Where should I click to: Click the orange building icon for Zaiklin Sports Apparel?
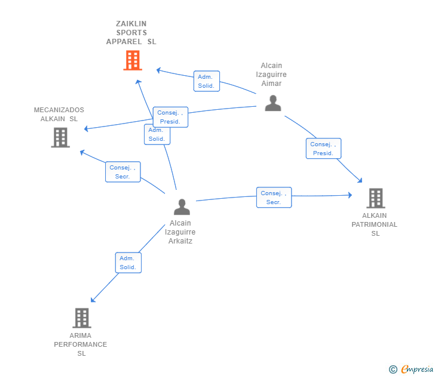pyautogui.click(x=133, y=60)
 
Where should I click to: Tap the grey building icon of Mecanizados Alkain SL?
pyautogui.click(x=60, y=137)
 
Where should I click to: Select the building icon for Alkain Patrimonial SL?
pyautogui.click(x=376, y=198)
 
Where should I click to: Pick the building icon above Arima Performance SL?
pyautogui.click(x=82, y=318)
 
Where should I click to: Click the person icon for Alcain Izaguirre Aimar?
pyautogui.click(x=273, y=103)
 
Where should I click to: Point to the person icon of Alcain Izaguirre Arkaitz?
pyautogui.click(x=182, y=207)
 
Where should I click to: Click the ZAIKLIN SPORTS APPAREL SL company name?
pyautogui.click(x=131, y=33)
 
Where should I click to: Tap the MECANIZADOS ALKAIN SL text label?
pyautogui.click(x=59, y=114)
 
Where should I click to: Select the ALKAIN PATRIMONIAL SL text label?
pyautogui.click(x=374, y=224)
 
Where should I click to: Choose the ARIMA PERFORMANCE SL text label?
pyautogui.click(x=81, y=344)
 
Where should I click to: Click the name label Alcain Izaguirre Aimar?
pyautogui.click(x=271, y=74)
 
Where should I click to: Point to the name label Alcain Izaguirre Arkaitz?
pyautogui.click(x=180, y=232)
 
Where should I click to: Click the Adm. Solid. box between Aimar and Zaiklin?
pyautogui.click(x=207, y=81)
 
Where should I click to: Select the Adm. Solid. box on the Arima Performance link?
pyautogui.click(x=128, y=263)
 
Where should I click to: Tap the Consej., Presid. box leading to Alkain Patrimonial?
pyautogui.click(x=323, y=149)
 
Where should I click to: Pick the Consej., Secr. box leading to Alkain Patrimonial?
pyautogui.click(x=274, y=198)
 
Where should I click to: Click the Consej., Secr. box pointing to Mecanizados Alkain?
pyautogui.click(x=123, y=172)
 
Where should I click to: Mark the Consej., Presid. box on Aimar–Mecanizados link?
pyautogui.click(x=170, y=117)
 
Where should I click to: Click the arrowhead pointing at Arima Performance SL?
pyautogui.click(x=93, y=300)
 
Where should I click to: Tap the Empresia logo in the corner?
pyautogui.click(x=411, y=369)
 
